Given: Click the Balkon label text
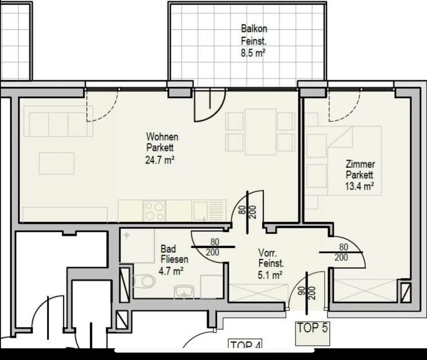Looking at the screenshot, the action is click(254, 28).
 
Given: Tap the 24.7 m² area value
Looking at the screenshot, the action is click(160, 160).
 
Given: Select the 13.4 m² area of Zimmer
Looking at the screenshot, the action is click(359, 186).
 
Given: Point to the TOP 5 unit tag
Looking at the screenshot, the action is click(312, 328).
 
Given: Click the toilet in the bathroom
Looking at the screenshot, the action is click(144, 281).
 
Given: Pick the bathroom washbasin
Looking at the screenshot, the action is click(184, 292).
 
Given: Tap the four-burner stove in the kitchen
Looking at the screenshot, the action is click(154, 211).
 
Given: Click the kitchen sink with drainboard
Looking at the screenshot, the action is click(209, 211).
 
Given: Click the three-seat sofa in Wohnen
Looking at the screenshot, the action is click(58, 121).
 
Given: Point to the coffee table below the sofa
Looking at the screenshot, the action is click(57, 163).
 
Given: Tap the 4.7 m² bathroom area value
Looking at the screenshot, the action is click(171, 271).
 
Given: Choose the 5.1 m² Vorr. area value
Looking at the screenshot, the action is click(270, 275).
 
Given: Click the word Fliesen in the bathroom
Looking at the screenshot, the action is click(174, 259).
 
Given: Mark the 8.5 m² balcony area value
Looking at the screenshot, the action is click(253, 53).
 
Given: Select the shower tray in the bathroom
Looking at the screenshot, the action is click(137, 245).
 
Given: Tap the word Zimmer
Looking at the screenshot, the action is click(360, 164).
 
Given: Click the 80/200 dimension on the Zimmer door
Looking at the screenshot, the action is click(341, 252).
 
